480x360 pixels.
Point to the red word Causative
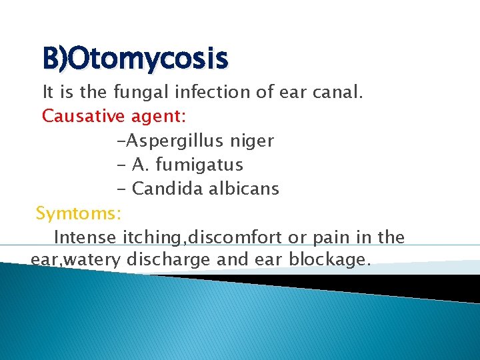pos(83,116)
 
